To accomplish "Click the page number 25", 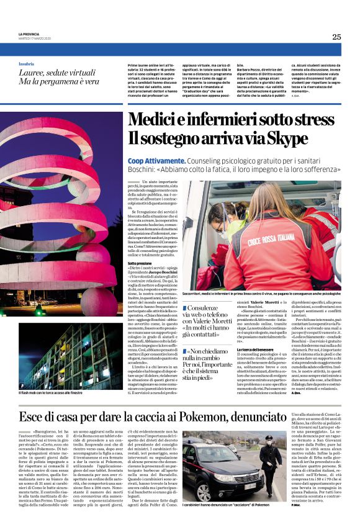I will pos(336,37).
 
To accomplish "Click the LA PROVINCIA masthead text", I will pos(29,34).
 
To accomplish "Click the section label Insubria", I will pos(27,64).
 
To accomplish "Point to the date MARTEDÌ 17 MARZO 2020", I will pos(35,38).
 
